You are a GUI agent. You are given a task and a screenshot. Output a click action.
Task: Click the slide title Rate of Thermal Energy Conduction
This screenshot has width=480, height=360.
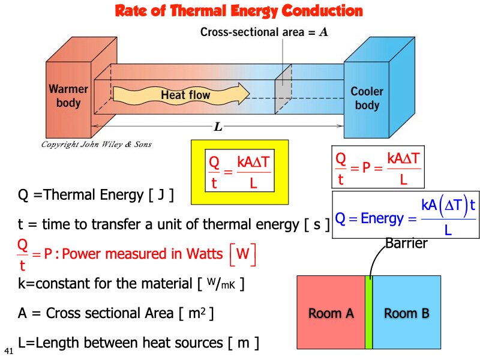point(239,11)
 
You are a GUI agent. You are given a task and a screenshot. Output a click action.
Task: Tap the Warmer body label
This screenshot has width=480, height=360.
point(68,96)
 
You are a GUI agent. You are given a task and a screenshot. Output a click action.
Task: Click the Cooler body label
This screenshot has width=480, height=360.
point(367,98)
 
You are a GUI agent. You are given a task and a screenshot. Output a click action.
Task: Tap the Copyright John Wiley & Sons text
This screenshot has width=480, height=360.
point(96,145)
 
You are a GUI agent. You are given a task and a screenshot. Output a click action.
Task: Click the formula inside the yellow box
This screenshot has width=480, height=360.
point(239,172)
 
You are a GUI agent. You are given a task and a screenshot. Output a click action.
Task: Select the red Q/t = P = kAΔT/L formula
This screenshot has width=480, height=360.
point(378,168)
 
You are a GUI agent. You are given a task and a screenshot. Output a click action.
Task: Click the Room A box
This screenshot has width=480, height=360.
point(331,313)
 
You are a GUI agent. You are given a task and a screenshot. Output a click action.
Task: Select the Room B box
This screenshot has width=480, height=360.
point(406,313)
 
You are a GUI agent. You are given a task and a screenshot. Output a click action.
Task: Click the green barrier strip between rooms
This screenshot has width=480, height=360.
point(369,313)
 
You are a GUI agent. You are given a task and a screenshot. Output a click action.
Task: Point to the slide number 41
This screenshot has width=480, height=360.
point(8,350)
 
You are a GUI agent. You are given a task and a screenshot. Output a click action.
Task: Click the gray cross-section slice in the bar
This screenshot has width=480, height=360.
point(283,92)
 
